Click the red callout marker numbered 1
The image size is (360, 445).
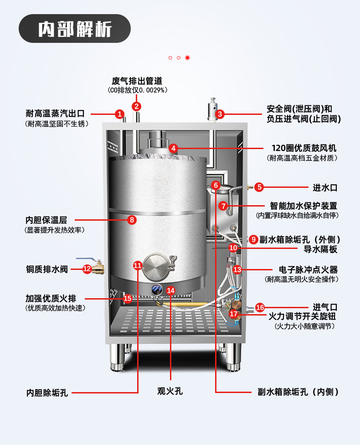[119, 114]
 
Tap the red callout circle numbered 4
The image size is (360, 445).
[173, 148]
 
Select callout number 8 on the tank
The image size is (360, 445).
[132, 220]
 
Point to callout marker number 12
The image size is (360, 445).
[87, 269]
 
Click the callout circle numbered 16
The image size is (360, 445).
[260, 307]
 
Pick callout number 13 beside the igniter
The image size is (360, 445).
[237, 269]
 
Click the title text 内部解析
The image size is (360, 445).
[75, 29]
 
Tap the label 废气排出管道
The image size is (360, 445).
[137, 81]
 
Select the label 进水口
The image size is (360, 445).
[325, 187]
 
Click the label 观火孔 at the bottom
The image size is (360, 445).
[170, 391]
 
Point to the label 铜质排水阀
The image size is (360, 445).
[46, 269]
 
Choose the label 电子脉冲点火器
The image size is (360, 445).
[308, 269]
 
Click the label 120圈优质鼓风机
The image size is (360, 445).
[303, 148]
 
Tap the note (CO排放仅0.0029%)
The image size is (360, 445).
[137, 90]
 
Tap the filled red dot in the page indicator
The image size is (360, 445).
[187, 58]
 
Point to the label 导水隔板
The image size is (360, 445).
[320, 249]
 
